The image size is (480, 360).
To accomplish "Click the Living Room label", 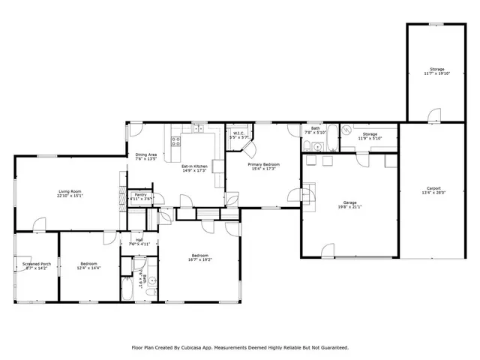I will (70, 192).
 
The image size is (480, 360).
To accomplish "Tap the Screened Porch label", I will (36, 264).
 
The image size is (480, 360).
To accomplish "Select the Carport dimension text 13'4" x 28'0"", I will (433, 192).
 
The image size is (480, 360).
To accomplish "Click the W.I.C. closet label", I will (236, 134).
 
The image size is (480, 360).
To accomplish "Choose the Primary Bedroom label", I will (265, 163).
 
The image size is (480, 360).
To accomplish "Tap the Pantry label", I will (140, 195).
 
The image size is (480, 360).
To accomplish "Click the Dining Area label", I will (146, 154).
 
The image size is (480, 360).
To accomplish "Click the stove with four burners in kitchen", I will (177, 139).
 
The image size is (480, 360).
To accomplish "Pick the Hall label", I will (139, 241).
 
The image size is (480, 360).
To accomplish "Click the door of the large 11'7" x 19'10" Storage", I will (433, 115).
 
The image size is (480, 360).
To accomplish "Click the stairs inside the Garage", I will (310, 187).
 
